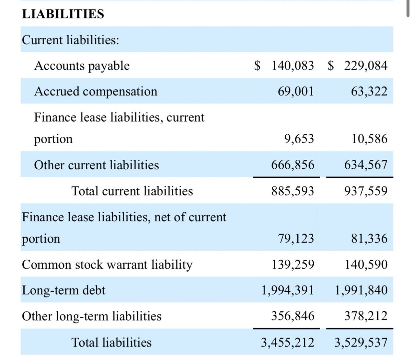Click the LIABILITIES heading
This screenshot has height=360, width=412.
(62, 14)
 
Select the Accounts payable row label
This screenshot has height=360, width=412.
(82, 65)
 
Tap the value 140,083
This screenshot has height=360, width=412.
(293, 65)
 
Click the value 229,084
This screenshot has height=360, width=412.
(366, 65)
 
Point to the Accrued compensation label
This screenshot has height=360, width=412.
(95, 91)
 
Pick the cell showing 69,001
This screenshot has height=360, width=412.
(296, 91)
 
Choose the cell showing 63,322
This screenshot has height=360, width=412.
(369, 91)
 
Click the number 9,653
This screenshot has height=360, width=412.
(299, 139)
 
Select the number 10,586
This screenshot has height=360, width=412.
(369, 139)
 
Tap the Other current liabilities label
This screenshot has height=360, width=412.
(96, 165)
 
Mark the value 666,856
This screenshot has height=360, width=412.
(293, 165)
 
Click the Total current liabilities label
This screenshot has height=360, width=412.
(132, 191)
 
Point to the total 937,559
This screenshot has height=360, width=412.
(366, 191)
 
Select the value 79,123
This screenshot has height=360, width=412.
(296, 238)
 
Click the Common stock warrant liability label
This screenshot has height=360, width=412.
(107, 265)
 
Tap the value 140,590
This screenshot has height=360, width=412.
(366, 265)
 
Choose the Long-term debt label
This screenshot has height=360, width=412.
(64, 291)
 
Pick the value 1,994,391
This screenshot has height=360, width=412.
(287, 291)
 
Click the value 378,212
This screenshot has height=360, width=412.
(366, 316)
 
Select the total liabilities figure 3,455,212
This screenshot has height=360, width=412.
(287, 342)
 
